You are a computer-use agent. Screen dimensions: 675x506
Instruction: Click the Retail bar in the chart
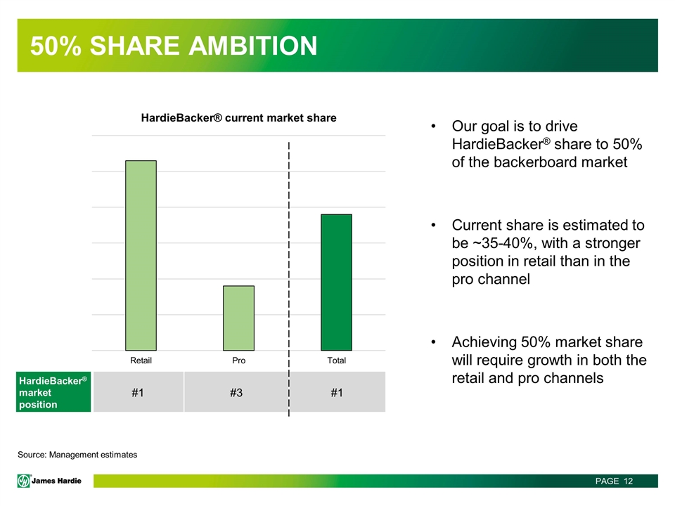coord(141,255)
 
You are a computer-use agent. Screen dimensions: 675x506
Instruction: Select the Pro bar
coord(238,318)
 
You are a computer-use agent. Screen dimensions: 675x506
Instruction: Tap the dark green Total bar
coord(336,283)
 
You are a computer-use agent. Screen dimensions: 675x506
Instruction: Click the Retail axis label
coord(141,361)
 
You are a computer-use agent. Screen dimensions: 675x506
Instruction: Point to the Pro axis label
coord(238,361)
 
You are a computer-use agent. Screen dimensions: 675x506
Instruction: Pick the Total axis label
coord(336,361)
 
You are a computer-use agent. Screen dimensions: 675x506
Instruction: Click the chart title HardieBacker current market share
coord(238,118)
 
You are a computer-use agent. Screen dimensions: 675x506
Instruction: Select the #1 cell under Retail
coord(139,392)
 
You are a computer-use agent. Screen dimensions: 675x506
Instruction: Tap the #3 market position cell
coord(236,392)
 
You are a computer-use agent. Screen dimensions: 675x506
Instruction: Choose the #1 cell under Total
coord(337,392)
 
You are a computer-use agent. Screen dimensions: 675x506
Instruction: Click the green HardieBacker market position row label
coord(53,392)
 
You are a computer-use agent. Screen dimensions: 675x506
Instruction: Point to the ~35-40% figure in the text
coord(503,243)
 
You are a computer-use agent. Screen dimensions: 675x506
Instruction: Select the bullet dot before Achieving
coord(434,342)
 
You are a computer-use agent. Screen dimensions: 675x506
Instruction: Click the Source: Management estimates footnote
coord(77,455)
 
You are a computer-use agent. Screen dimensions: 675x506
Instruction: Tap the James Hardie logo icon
coord(24,481)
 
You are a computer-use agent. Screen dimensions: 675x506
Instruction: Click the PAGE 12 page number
coord(615,481)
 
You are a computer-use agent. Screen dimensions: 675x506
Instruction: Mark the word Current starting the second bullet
coord(476,225)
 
